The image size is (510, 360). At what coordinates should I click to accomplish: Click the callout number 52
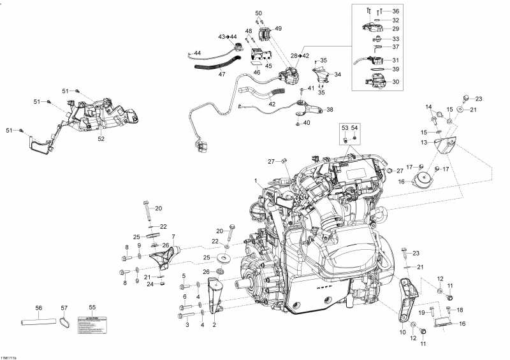[101, 138]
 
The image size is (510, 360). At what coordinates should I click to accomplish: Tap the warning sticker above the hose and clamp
[92, 323]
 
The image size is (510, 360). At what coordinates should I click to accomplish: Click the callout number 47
[222, 75]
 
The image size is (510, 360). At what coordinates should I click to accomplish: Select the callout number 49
[278, 29]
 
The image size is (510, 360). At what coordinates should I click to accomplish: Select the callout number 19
[421, 313]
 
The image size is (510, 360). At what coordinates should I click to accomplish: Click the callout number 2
[214, 325]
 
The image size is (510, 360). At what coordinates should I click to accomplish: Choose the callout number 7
[172, 238]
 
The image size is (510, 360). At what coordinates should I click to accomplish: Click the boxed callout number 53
[345, 127]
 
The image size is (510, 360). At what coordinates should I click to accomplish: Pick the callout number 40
[307, 123]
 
